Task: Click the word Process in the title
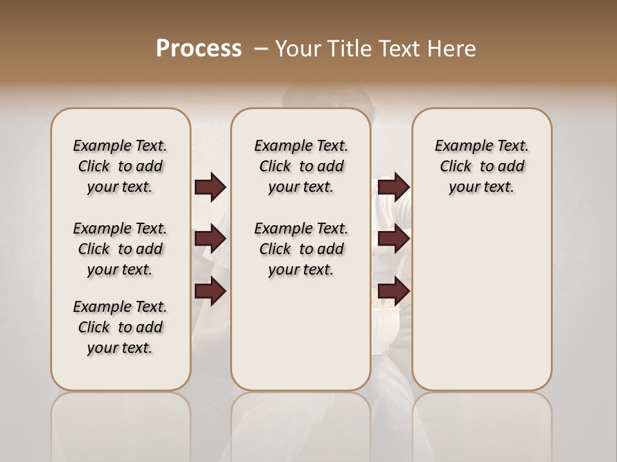click(199, 48)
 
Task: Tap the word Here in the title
click(452, 48)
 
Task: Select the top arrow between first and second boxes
click(210, 187)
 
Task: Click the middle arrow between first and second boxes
click(210, 239)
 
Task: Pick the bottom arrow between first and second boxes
click(210, 291)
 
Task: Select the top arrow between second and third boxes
click(393, 187)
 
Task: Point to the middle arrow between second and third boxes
click(393, 239)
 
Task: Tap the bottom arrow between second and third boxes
click(393, 291)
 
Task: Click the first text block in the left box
click(120, 166)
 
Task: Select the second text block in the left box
click(120, 249)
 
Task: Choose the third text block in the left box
click(120, 327)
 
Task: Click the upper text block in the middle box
click(301, 166)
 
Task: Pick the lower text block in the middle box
click(301, 249)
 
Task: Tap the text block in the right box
click(481, 166)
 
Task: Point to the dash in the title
click(261, 48)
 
